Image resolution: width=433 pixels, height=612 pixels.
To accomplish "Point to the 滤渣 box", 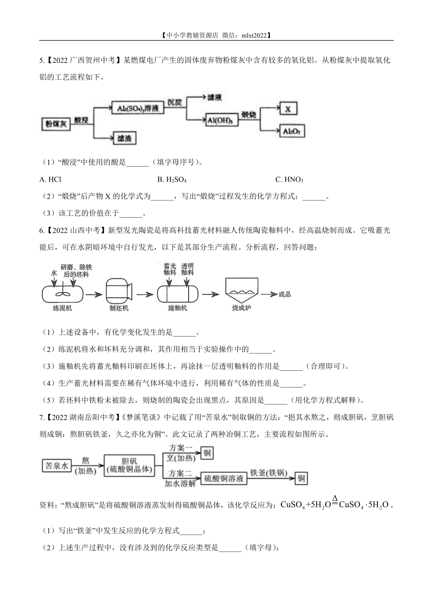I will click(x=124, y=138).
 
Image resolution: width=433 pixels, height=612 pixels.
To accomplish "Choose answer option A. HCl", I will click(x=50, y=179).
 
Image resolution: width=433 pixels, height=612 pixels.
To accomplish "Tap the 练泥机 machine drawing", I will click(x=62, y=294).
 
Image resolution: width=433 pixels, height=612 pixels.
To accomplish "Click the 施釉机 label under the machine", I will click(x=177, y=308).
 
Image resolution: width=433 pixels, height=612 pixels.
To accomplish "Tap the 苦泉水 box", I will click(x=57, y=465).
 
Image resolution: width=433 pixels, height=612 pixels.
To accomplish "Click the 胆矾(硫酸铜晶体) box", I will click(x=129, y=465).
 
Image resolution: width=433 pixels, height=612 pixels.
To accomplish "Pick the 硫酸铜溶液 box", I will click(x=223, y=478).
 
